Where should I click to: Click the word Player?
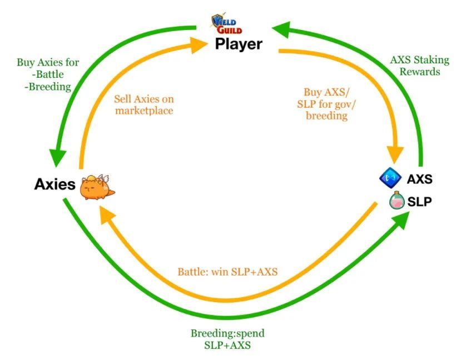[x=239, y=44]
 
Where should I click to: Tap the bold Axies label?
[x=54, y=184]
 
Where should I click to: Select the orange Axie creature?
[x=97, y=187]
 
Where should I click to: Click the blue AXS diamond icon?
[x=390, y=178]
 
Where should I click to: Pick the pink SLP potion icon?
[x=396, y=200]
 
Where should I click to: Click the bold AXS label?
[x=419, y=179]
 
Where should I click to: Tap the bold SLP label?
[x=419, y=202]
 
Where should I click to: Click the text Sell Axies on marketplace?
[x=144, y=104]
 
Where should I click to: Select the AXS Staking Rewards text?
[x=419, y=66]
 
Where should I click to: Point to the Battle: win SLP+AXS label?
[x=227, y=272]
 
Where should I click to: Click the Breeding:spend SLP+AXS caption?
[x=227, y=339]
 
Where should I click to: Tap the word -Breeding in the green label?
[x=48, y=87]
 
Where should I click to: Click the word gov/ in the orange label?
[x=345, y=104]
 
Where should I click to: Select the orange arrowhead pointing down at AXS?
[x=395, y=154]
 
